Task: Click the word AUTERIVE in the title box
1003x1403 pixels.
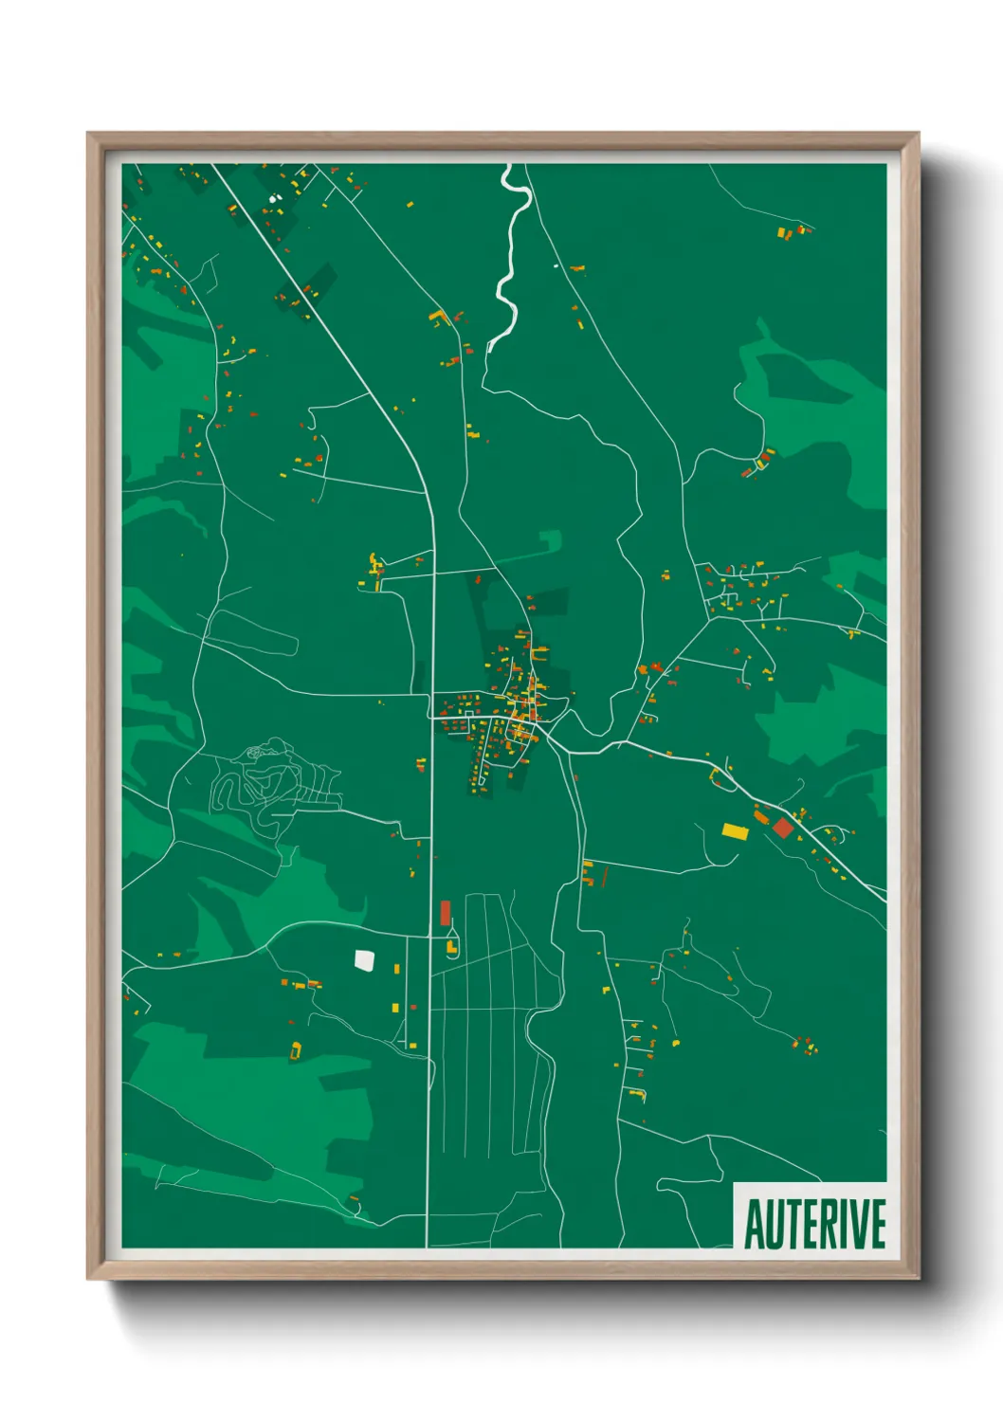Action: (x=814, y=1224)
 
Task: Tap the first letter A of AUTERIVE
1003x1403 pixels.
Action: (x=755, y=1224)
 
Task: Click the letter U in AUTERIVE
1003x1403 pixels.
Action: (x=774, y=1224)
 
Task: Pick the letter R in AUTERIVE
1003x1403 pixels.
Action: (x=825, y=1224)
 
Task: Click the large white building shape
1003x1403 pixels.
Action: (x=364, y=960)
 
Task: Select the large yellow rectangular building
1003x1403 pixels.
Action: (x=735, y=831)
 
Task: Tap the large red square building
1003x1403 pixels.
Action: (x=783, y=828)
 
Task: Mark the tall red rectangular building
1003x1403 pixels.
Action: (x=445, y=913)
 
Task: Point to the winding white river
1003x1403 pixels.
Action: (x=509, y=256)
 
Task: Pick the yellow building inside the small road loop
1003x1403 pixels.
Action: (x=451, y=945)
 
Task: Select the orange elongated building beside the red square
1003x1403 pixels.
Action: (x=761, y=815)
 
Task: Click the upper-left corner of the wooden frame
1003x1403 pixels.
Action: (x=89, y=135)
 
